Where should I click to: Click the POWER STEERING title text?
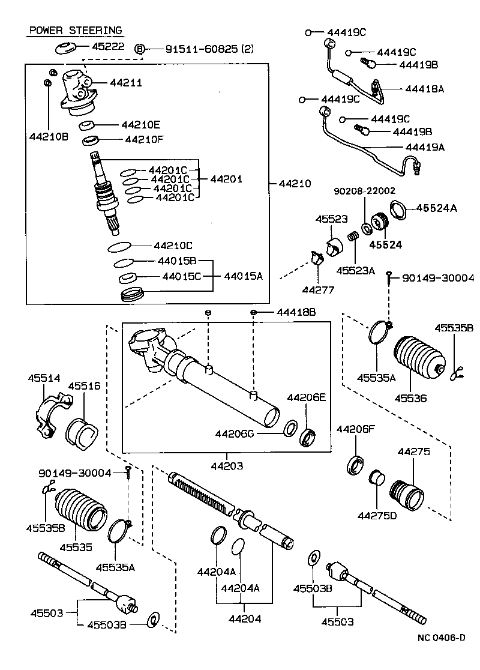coord(75,30)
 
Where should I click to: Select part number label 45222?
coord(108,46)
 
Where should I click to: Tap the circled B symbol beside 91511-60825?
coord(140,49)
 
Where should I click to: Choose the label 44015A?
coord(243,276)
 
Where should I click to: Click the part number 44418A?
coord(424,88)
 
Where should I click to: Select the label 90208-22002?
coord(365,191)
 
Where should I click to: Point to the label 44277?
coord(318,289)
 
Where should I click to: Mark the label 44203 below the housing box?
coord(226,465)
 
